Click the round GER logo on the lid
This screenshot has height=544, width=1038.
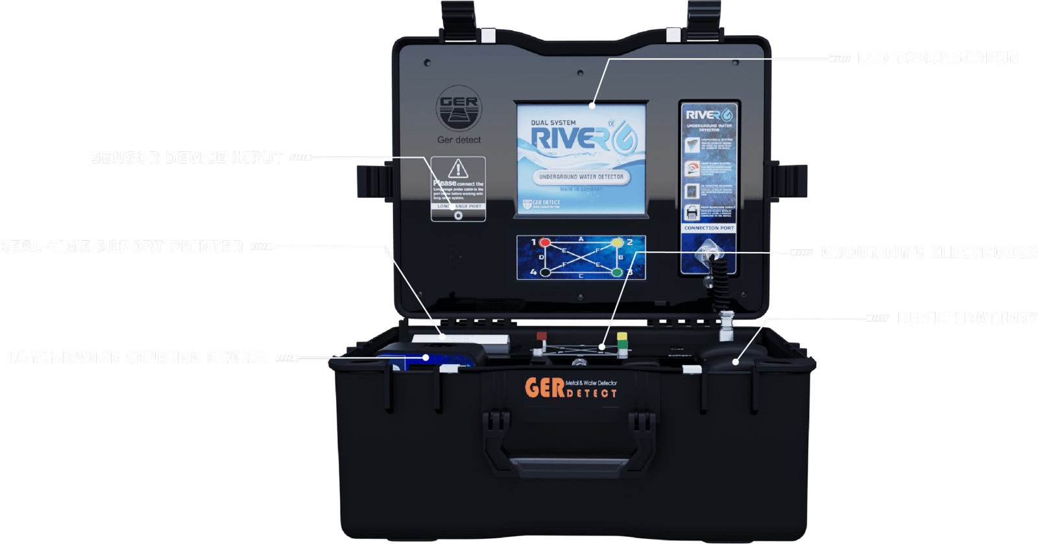[x=459, y=109]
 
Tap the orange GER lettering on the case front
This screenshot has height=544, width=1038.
[x=544, y=388]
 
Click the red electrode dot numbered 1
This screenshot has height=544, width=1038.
[x=545, y=243]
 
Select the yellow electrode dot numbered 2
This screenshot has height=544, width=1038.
[x=617, y=243]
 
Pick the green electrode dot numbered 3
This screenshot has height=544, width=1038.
[x=617, y=272]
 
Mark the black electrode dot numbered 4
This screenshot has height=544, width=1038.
[x=546, y=272]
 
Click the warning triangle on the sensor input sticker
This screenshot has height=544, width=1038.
[x=458, y=169]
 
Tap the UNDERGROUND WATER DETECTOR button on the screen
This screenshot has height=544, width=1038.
[x=581, y=177]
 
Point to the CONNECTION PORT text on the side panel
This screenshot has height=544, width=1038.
[x=709, y=229]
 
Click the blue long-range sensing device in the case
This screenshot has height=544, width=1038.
[x=431, y=357]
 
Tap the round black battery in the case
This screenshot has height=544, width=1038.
[x=730, y=356]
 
